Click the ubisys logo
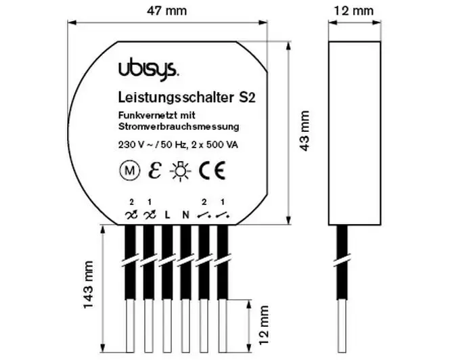(x=148, y=69)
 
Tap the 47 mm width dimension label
(x=166, y=11)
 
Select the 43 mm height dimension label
(x=305, y=131)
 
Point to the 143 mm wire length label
(x=89, y=284)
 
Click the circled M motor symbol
(x=130, y=171)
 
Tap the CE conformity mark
(x=212, y=171)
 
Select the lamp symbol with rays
(x=180, y=171)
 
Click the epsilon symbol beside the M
(x=155, y=171)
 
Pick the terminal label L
(x=167, y=215)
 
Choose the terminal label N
(x=186, y=215)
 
